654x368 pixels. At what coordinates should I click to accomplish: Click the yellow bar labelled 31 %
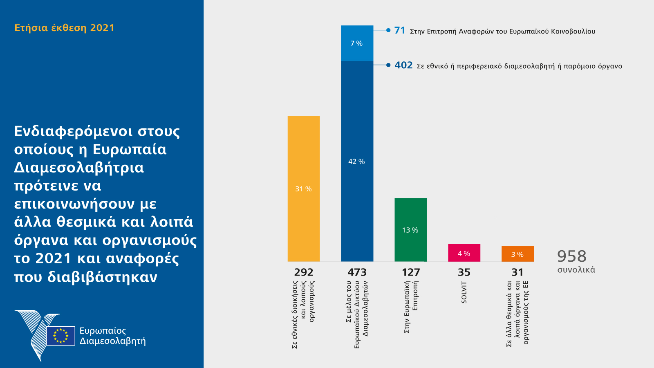304,188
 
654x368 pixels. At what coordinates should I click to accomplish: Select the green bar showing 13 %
410,230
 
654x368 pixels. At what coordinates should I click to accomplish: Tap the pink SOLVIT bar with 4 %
464,253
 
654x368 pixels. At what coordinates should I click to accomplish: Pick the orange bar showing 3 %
517,254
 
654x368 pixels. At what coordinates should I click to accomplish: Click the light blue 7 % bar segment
357,43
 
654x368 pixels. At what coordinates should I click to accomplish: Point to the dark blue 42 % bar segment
357,162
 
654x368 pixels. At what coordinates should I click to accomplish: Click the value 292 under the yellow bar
304,272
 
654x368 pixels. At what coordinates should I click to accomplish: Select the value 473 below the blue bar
357,272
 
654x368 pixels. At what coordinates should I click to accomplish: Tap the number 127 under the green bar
411,272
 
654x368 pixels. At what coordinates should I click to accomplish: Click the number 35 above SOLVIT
464,272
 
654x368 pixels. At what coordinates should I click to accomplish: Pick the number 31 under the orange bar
517,272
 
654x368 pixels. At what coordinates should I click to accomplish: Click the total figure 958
572,256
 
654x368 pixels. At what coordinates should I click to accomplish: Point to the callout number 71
400,31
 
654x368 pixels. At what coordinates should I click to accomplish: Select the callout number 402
403,65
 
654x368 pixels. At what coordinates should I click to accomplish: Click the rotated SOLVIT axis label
464,292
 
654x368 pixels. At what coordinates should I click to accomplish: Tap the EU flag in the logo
61,336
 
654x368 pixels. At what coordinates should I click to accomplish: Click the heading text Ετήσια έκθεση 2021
65,28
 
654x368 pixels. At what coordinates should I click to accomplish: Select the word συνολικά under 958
576,270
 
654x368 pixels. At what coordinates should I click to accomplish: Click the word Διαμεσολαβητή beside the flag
112,341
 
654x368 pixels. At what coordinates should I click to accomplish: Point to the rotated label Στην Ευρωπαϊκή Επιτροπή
411,307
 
